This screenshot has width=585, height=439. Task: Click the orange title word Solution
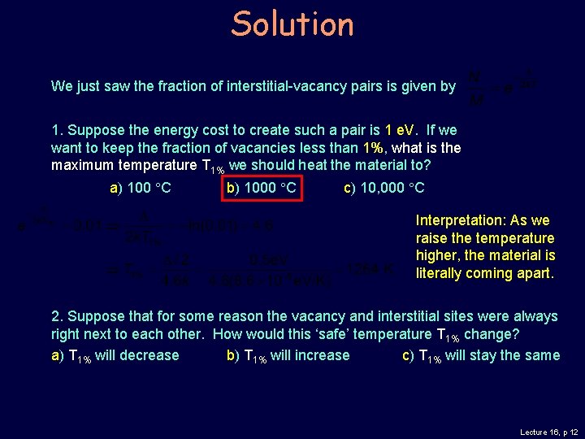point(292,24)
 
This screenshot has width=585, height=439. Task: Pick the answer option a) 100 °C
point(140,189)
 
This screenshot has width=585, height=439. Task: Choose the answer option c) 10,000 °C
point(383,189)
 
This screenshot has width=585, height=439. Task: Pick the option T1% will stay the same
point(481,355)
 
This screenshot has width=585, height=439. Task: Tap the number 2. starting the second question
point(57,316)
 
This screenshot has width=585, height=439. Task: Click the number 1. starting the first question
point(57,130)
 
